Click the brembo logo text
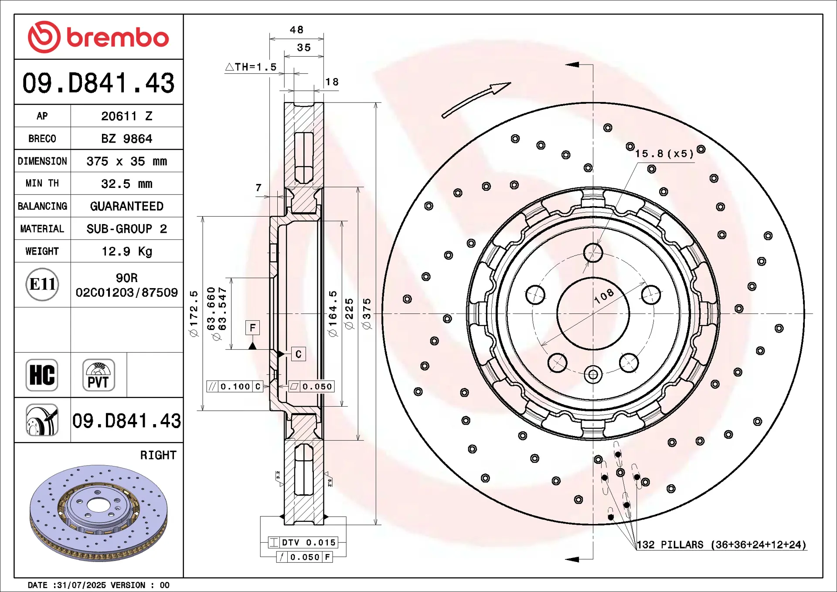[118, 37]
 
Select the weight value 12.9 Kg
[127, 252]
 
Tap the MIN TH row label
[42, 184]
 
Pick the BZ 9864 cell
[127, 139]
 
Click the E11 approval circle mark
[42, 284]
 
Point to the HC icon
[42, 375]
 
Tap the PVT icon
[99, 375]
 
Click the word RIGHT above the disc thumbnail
[158, 455]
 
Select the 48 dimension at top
[296, 30]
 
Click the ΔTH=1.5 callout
[251, 67]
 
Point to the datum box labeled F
[252, 328]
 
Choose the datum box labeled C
[299, 354]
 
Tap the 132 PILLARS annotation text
[721, 544]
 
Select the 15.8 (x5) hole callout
[664, 153]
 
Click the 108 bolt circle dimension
[604, 296]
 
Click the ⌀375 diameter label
[367, 314]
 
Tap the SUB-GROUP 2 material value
[127, 229]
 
